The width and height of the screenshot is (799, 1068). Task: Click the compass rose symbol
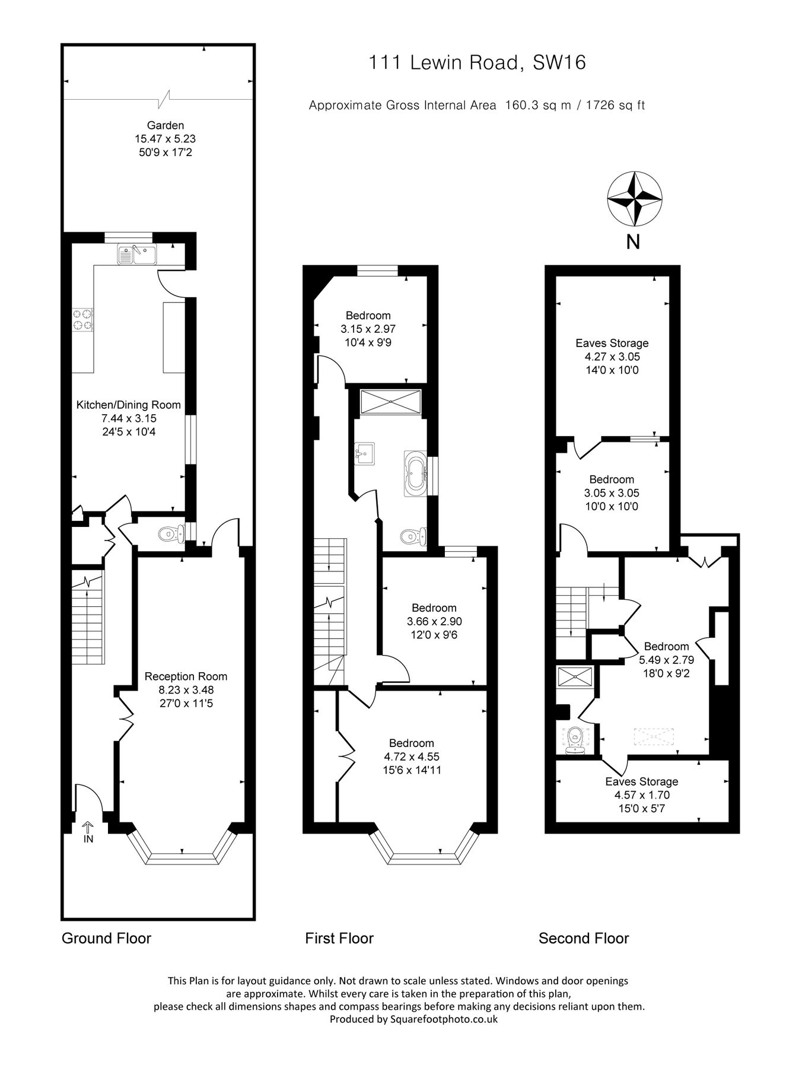634,199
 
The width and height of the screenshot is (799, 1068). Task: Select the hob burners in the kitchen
83,320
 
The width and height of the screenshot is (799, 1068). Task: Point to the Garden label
165,125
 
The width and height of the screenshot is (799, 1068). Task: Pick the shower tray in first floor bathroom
390,402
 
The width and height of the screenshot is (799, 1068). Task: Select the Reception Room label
186,676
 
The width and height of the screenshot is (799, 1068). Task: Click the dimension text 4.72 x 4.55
412,757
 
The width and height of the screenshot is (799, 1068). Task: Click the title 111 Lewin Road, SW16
477,62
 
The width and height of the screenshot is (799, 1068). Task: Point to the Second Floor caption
584,938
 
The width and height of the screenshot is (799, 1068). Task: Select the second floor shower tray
575,676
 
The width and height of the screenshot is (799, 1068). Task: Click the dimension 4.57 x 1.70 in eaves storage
642,795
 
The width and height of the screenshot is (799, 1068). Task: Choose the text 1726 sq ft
615,106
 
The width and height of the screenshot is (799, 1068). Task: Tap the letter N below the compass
634,242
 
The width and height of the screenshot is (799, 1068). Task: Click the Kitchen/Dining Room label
129,405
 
